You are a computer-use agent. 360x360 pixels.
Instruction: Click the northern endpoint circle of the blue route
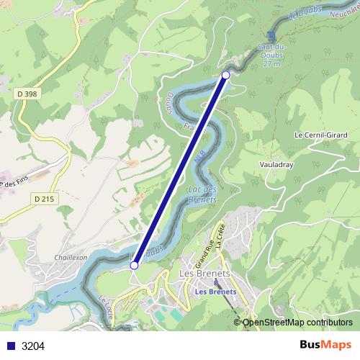tap(226, 75)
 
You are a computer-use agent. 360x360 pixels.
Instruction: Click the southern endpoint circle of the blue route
tap(134, 266)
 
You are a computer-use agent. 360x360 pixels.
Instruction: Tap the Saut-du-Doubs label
tap(271, 55)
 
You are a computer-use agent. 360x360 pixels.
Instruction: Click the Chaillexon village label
tap(71, 257)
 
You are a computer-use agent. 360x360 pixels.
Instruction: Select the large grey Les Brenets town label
tap(204, 274)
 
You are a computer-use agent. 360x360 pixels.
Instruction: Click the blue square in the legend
tap(10, 346)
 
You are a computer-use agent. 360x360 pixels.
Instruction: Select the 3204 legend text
tap(33, 346)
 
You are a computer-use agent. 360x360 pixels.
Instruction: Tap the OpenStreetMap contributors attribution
tap(297, 323)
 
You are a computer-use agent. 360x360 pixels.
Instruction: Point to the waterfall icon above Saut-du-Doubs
tap(271, 37)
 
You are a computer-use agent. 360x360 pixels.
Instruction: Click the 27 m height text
tap(271, 65)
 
